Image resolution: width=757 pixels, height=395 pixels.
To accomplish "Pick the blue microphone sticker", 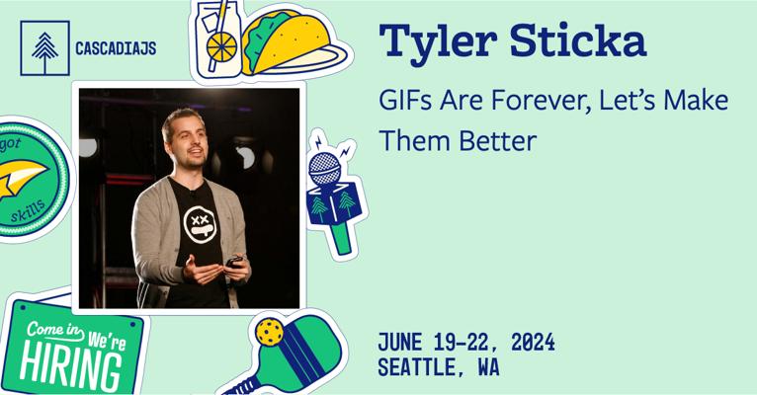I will pos(331,193).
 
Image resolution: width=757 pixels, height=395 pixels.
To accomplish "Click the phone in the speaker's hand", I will pos(235,262).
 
